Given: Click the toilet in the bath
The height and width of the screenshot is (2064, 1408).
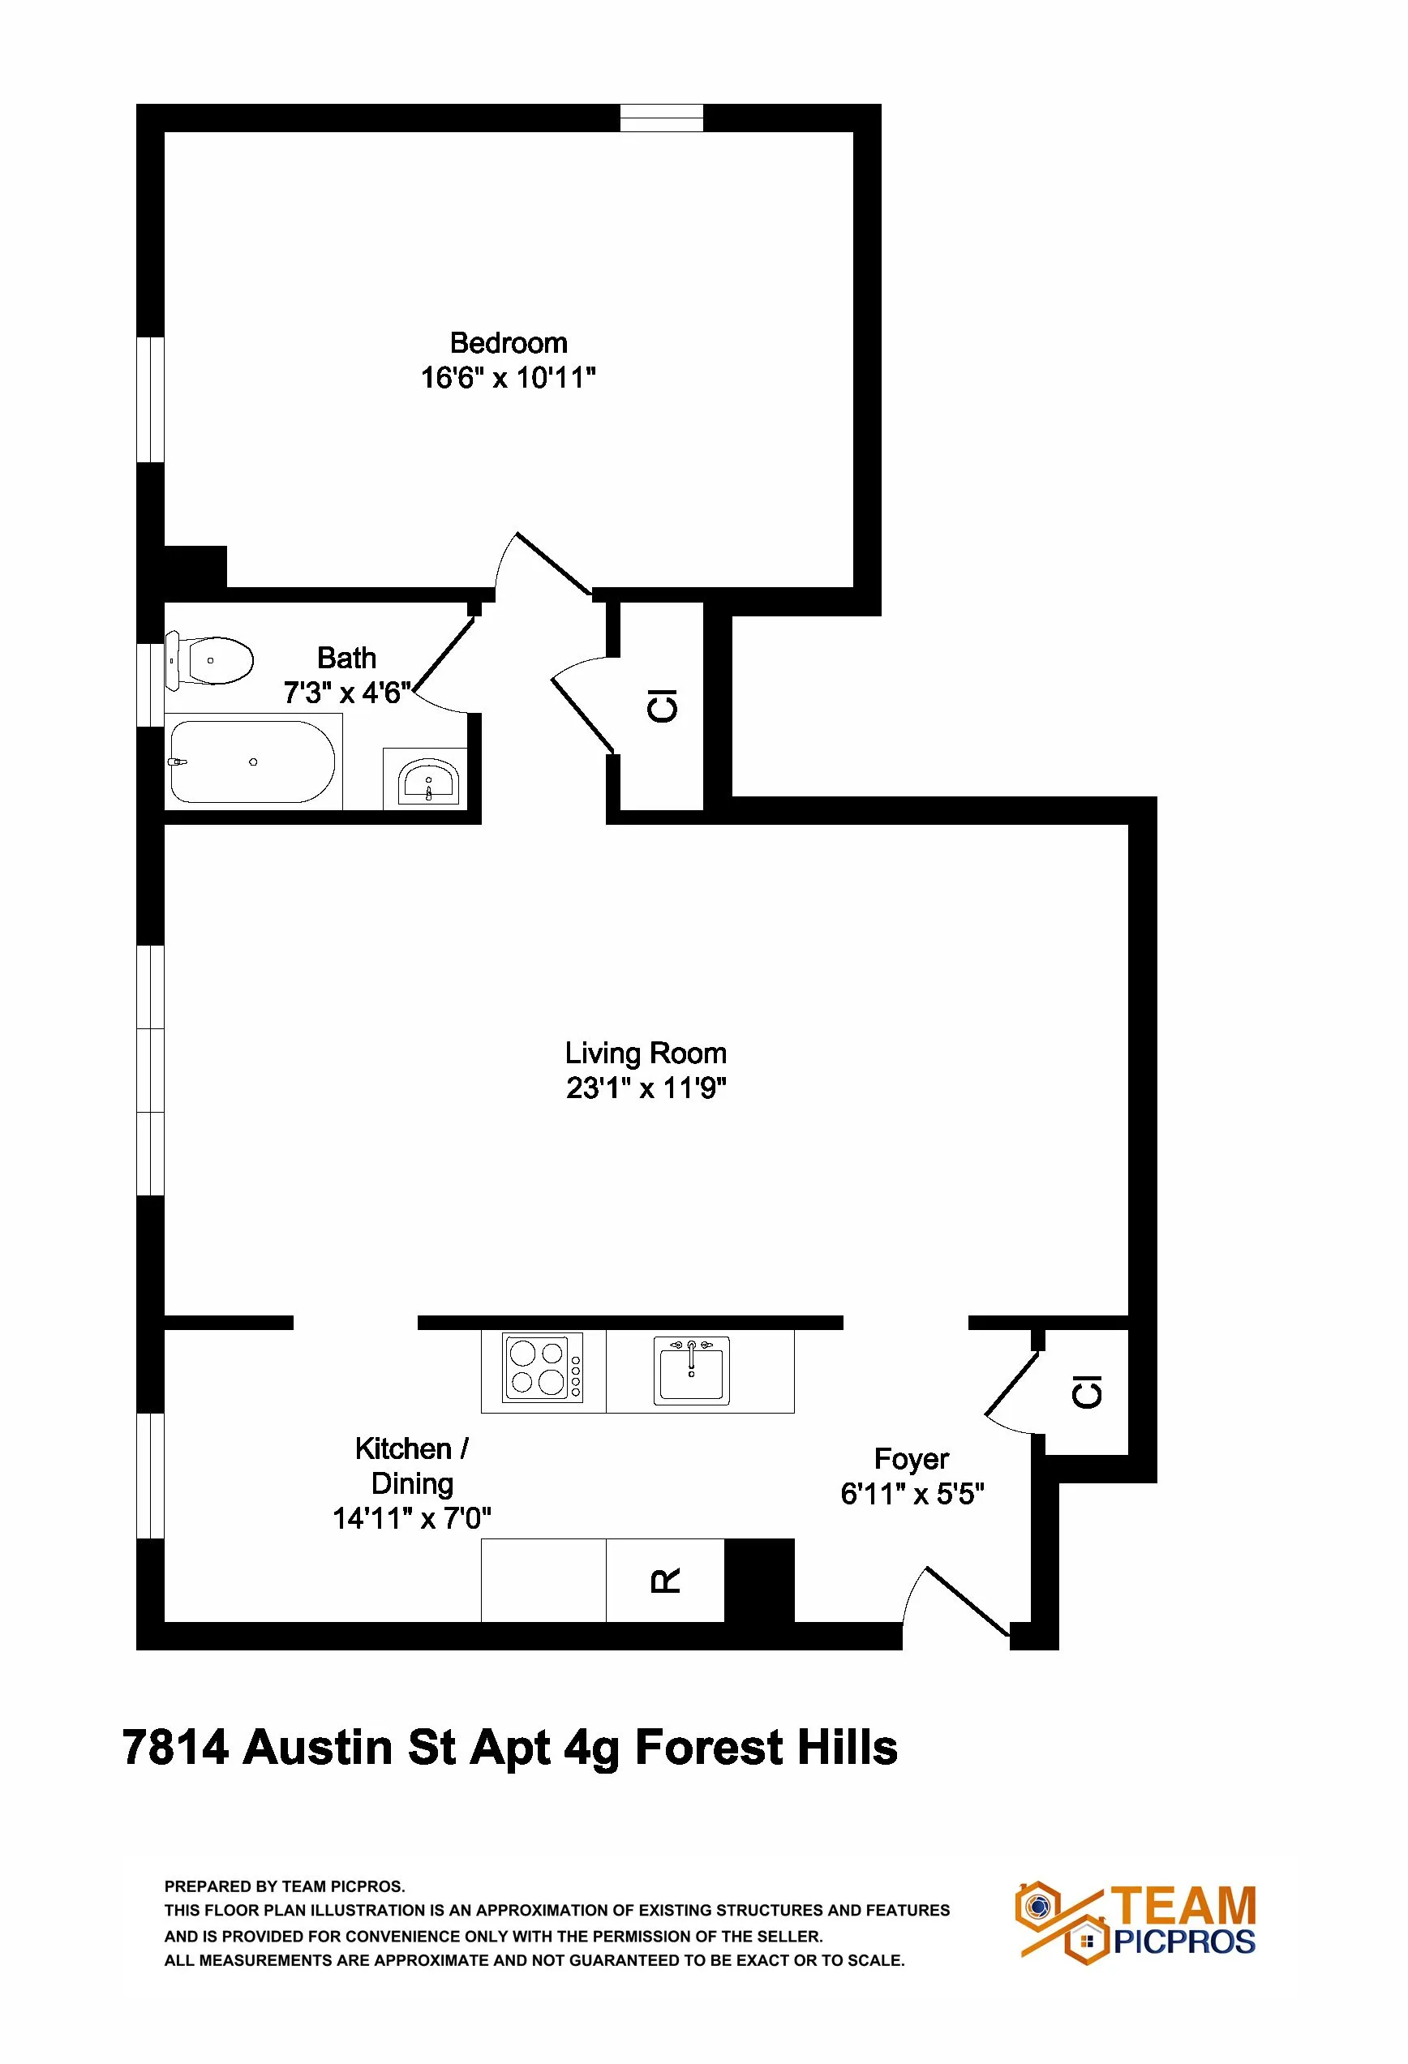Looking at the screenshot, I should coord(212,660).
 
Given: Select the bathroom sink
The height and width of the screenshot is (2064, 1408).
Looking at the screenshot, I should coord(428,781).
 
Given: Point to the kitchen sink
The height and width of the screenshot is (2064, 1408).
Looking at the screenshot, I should coord(691,1370).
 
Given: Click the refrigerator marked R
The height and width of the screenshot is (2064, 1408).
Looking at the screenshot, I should coord(665,1580).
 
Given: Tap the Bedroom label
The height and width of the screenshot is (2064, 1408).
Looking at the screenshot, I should coord(508,343).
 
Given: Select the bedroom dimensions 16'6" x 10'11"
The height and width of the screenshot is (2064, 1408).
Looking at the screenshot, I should coord(508,379).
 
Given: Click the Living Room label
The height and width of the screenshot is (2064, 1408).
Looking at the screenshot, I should coord(646,1053).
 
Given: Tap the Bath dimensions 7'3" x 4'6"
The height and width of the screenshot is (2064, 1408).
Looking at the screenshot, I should coord(347,693).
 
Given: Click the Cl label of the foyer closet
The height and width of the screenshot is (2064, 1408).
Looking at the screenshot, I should coord(1088,1391).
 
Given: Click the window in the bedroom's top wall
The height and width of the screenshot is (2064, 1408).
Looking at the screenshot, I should coord(661,118).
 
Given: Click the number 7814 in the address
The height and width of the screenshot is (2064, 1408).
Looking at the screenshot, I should coord(175,1747).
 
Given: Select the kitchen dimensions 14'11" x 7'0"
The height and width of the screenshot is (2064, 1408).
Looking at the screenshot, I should coord(412,1519).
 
